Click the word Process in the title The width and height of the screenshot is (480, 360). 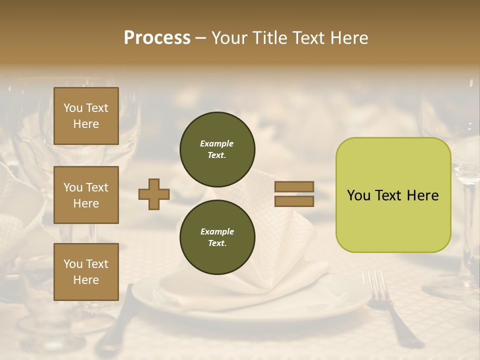[x=157, y=37]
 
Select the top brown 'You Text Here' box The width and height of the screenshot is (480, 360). [x=86, y=116]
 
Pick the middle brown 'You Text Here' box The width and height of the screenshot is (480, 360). [x=86, y=195]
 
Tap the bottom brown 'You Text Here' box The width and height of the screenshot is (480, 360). [x=86, y=271]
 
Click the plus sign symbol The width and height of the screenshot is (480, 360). [x=154, y=194]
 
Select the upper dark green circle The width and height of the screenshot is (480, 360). [x=217, y=149]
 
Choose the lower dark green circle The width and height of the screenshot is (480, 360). [x=217, y=237]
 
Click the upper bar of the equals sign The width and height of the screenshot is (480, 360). [x=294, y=186]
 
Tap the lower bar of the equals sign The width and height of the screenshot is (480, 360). [x=294, y=201]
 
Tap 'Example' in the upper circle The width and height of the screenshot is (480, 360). [x=217, y=143]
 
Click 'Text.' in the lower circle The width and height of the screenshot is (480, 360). [x=217, y=243]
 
